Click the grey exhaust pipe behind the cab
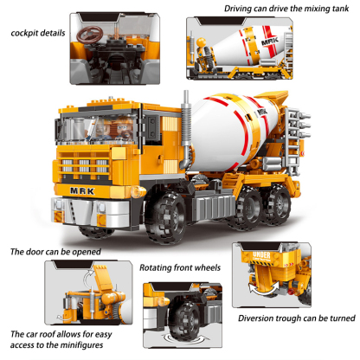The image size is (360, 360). pyautogui.click(x=185, y=130)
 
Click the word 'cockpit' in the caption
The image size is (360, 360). pyautogui.click(x=28, y=34)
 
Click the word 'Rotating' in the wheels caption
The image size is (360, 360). pyautogui.click(x=159, y=268)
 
